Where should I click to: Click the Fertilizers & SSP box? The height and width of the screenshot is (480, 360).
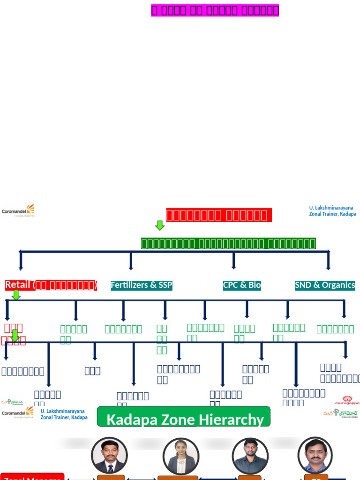point(141,285)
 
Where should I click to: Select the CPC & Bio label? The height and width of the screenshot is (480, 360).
point(242,285)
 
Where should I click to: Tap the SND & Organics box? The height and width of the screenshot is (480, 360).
point(325,285)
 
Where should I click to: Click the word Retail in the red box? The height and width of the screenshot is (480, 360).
point(18,285)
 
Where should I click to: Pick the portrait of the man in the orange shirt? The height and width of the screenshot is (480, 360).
point(315,455)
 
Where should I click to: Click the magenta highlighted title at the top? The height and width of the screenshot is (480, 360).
point(215,10)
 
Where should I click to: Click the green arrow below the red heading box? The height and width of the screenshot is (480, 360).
point(160,225)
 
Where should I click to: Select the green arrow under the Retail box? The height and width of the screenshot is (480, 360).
point(16,295)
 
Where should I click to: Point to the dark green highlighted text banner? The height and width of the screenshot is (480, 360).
point(229,244)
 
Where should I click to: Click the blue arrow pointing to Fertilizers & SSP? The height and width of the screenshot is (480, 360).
point(131,262)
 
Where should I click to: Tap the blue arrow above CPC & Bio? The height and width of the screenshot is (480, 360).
point(233,261)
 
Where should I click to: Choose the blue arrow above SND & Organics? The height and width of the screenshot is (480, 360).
point(328,261)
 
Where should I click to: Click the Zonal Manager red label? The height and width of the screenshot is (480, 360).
point(32,477)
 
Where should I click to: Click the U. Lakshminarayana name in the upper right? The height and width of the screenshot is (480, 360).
point(331,208)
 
